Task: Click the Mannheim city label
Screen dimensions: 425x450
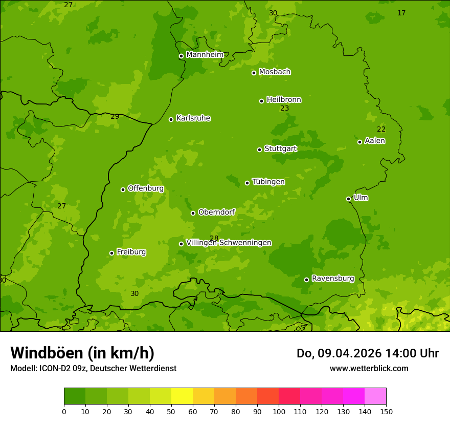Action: click(x=205, y=55)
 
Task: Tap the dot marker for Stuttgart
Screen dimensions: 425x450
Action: click(x=259, y=150)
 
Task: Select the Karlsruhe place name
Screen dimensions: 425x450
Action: click(x=193, y=118)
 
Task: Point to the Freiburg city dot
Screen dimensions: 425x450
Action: click(x=111, y=253)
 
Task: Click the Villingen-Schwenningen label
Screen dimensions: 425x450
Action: click(x=229, y=243)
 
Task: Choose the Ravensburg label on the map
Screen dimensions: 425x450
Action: click(x=332, y=279)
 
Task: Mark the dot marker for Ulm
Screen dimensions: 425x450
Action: click(x=348, y=199)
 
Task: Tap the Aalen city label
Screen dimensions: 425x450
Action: click(x=375, y=141)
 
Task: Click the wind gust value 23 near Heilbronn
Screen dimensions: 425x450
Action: click(x=285, y=109)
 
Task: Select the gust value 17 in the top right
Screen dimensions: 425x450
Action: click(x=401, y=13)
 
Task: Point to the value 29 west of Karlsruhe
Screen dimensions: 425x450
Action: click(x=115, y=117)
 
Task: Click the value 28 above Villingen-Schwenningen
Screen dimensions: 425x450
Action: click(x=214, y=239)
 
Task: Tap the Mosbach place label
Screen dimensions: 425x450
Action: click(x=275, y=72)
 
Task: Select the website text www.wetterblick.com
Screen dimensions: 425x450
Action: click(x=369, y=368)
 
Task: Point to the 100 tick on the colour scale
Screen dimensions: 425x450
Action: click(x=279, y=411)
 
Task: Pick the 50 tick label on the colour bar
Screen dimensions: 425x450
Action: click(x=171, y=411)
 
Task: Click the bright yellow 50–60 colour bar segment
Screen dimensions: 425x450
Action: click(x=182, y=396)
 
